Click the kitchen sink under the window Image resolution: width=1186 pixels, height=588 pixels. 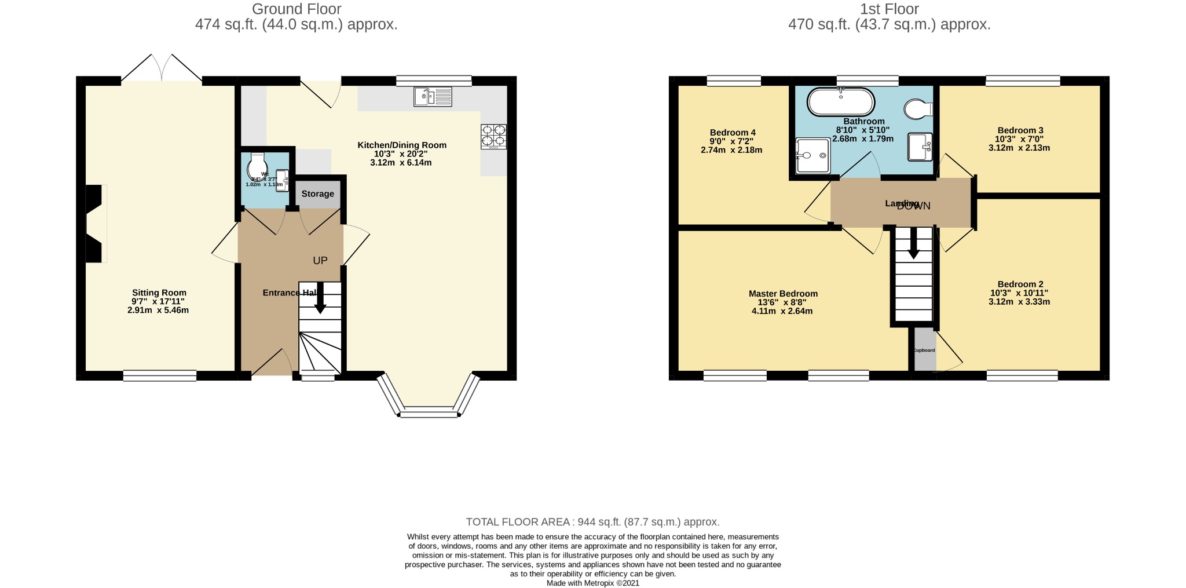[x=433, y=96]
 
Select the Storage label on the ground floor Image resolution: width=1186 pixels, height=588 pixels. [x=317, y=193]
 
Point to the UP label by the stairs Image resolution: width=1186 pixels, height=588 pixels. [x=320, y=261]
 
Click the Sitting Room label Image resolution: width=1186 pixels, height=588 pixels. [x=159, y=293]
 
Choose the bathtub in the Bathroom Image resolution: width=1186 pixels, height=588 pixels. [x=841, y=102]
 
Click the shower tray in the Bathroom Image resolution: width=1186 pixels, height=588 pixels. [x=812, y=155]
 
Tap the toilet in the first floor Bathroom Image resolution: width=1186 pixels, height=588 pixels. [x=918, y=108]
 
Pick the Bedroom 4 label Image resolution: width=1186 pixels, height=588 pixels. [x=732, y=133]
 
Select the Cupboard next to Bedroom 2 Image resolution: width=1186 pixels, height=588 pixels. [x=924, y=350]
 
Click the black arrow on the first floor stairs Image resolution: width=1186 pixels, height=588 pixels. [x=913, y=243]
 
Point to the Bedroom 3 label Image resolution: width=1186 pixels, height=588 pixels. [x=1020, y=130]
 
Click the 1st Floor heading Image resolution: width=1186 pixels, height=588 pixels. [x=889, y=9]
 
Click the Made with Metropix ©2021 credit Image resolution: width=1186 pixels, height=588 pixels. [x=592, y=583]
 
